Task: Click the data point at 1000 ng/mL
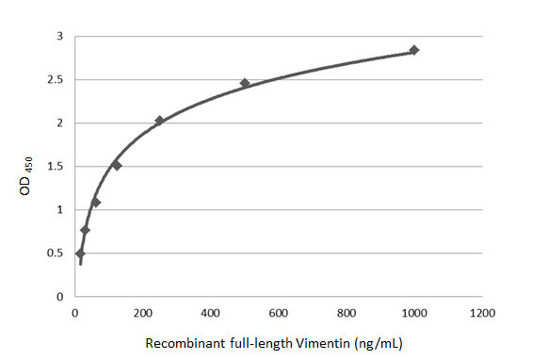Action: point(414,50)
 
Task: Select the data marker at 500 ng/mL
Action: point(245,84)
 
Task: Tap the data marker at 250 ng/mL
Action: point(159,121)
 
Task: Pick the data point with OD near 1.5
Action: point(117,165)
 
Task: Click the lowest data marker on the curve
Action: point(80,254)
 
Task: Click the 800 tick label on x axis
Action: point(347,312)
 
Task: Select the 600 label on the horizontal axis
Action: point(279,312)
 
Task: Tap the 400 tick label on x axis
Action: point(210,312)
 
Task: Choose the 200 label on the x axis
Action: point(142,312)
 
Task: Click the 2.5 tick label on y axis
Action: point(56,80)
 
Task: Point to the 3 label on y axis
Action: point(60,37)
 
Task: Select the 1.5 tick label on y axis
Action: point(56,167)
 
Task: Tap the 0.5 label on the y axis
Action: point(56,254)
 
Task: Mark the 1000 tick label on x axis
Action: point(414,312)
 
